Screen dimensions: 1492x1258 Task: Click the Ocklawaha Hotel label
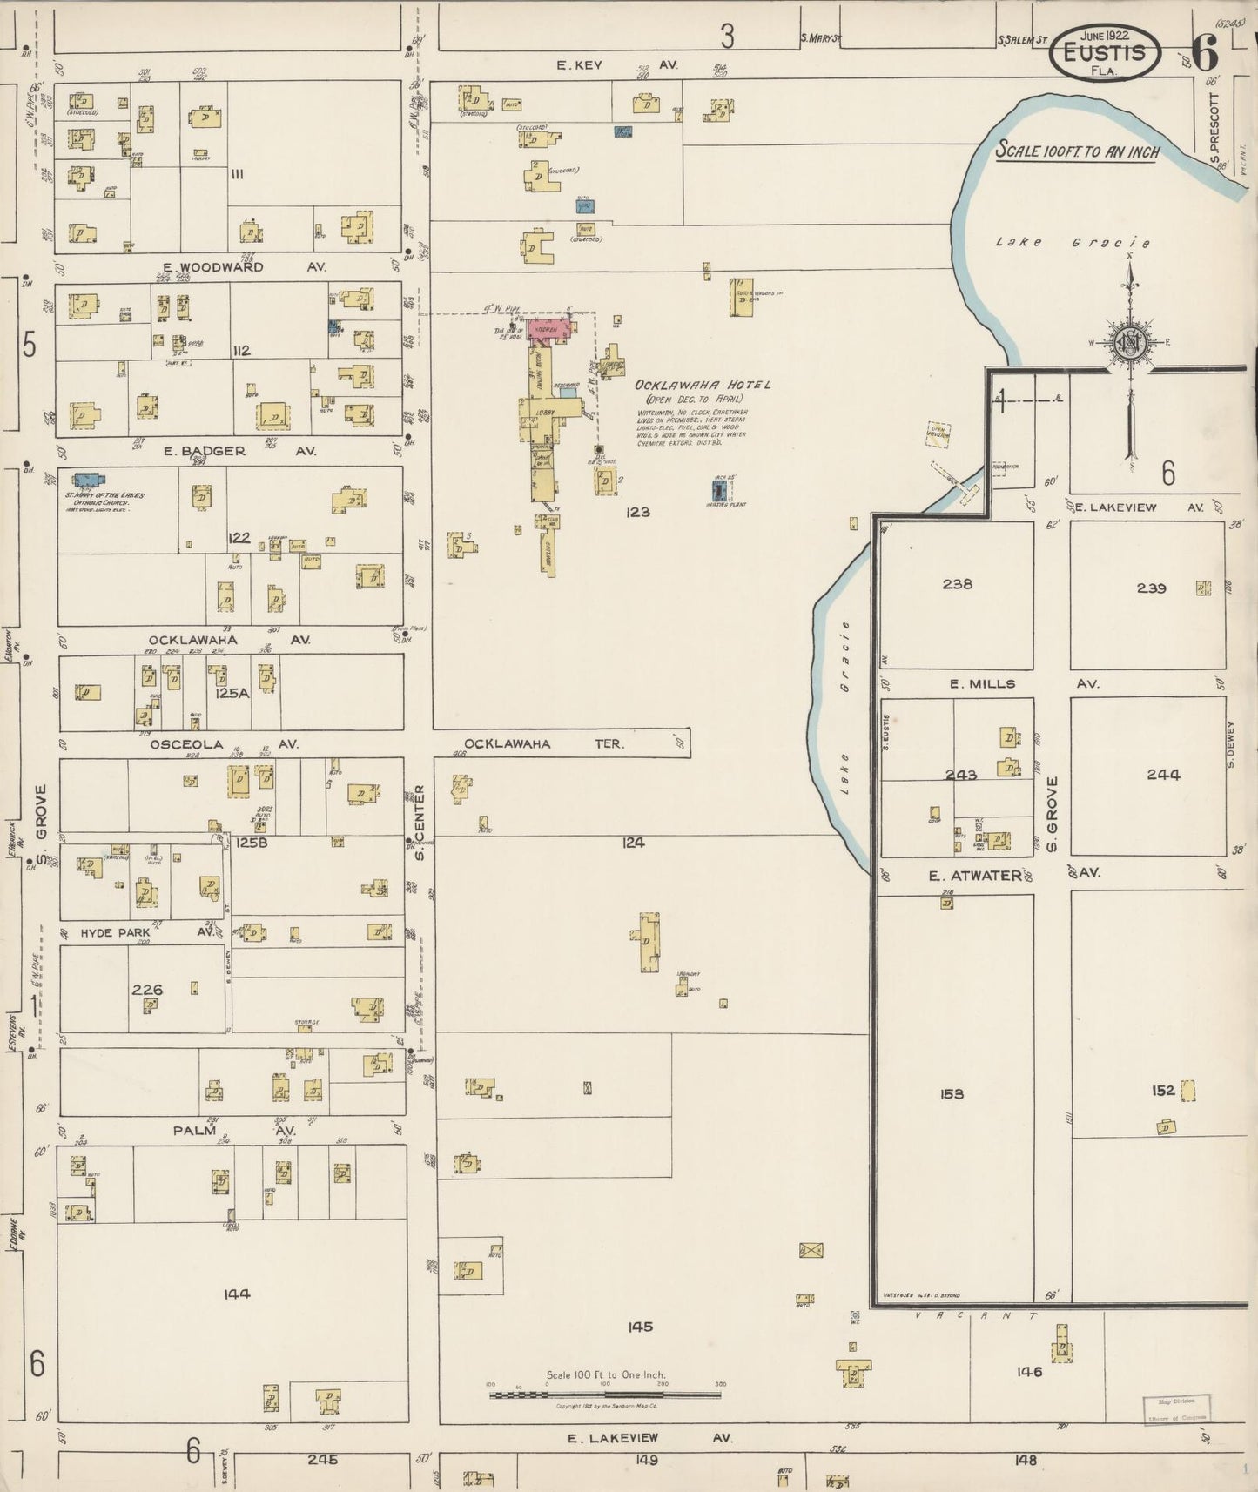[703, 385]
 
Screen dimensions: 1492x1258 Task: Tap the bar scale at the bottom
[605, 1395]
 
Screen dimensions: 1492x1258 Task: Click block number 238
[957, 584]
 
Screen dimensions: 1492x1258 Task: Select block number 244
[1163, 774]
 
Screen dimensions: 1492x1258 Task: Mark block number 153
[952, 1093]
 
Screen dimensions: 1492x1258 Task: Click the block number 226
[147, 989]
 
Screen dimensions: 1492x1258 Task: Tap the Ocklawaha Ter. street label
[543, 744]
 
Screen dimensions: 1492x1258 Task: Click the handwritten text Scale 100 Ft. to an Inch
[1078, 151]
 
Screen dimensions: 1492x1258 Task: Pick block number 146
[1028, 1372]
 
